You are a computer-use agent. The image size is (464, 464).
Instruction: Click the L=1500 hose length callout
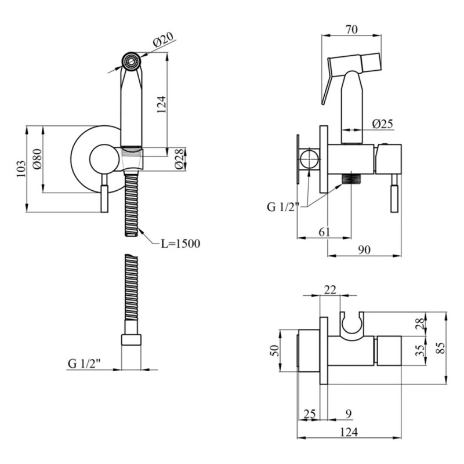coord(180,244)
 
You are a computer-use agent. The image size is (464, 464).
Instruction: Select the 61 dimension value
coord(325,232)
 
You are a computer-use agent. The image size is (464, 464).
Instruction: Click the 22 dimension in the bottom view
coord(330,290)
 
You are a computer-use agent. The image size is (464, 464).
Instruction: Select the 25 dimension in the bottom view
coord(310,414)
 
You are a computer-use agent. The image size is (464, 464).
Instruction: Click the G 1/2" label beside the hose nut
coord(84,364)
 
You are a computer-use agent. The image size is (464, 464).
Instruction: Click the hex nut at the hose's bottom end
coord(131,340)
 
